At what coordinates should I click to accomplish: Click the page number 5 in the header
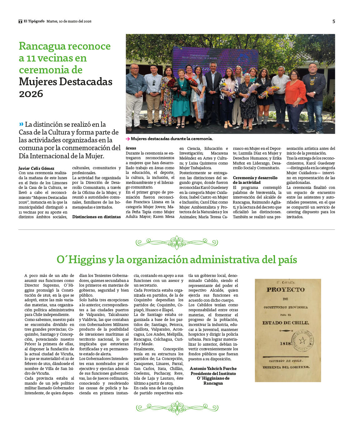(333, 21)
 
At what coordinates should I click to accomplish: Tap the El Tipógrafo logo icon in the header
(20, 21)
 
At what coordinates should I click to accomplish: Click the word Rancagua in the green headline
(41, 46)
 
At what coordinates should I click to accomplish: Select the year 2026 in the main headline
(31, 93)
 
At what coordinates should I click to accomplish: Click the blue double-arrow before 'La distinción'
(21, 124)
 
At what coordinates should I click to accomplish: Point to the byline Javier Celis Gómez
(36, 168)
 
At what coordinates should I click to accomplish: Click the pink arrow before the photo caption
(128, 139)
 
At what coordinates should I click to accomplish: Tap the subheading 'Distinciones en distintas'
(96, 217)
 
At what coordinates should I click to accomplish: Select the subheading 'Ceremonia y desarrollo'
(255, 178)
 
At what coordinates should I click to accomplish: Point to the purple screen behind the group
(216, 59)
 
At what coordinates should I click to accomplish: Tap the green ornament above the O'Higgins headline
(177, 243)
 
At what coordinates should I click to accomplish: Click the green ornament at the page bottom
(177, 408)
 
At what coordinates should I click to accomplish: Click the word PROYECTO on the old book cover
(285, 289)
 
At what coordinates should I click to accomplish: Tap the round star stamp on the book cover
(302, 340)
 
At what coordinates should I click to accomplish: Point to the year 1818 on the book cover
(286, 343)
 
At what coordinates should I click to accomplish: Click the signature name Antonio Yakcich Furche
(213, 368)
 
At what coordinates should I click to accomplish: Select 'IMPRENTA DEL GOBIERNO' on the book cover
(286, 367)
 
